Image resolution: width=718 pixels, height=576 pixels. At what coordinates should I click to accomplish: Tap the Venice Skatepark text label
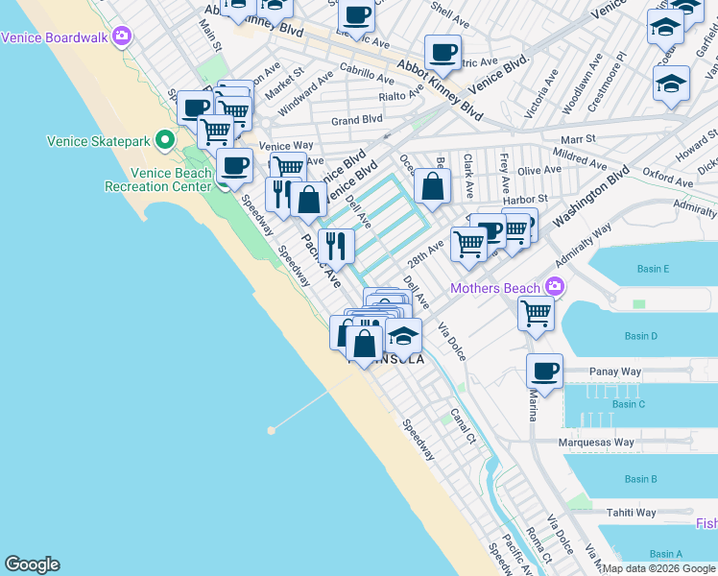point(99,142)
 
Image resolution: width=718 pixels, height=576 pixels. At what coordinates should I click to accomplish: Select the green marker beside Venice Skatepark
point(165,141)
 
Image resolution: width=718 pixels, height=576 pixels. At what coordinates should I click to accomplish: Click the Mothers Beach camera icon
point(554,286)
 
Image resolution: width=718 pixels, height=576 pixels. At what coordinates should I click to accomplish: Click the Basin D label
point(640,336)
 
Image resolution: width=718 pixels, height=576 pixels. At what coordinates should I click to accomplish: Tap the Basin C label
point(628,404)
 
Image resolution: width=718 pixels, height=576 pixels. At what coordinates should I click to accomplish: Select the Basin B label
point(640,479)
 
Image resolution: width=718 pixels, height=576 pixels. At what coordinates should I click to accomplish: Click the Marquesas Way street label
point(598,443)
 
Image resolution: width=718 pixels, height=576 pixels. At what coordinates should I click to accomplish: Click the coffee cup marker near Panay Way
point(544,372)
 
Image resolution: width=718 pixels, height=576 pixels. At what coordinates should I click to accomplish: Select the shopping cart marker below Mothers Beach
point(536,312)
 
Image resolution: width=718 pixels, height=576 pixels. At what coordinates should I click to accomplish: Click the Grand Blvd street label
point(356,120)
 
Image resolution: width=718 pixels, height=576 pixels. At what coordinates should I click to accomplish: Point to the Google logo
point(33,564)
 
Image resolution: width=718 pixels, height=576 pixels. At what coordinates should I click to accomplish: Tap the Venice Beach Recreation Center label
point(171,180)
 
